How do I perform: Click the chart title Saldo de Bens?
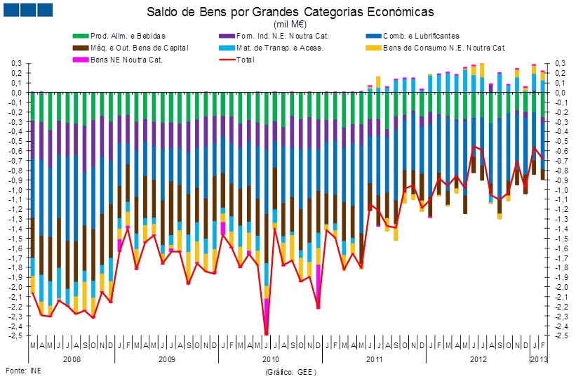coord(290,13)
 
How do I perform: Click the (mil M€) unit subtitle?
coord(290,25)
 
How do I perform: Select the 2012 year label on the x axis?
coord(478,358)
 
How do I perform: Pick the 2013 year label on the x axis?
coord(538,358)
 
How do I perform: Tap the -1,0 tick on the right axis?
coord(561,189)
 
